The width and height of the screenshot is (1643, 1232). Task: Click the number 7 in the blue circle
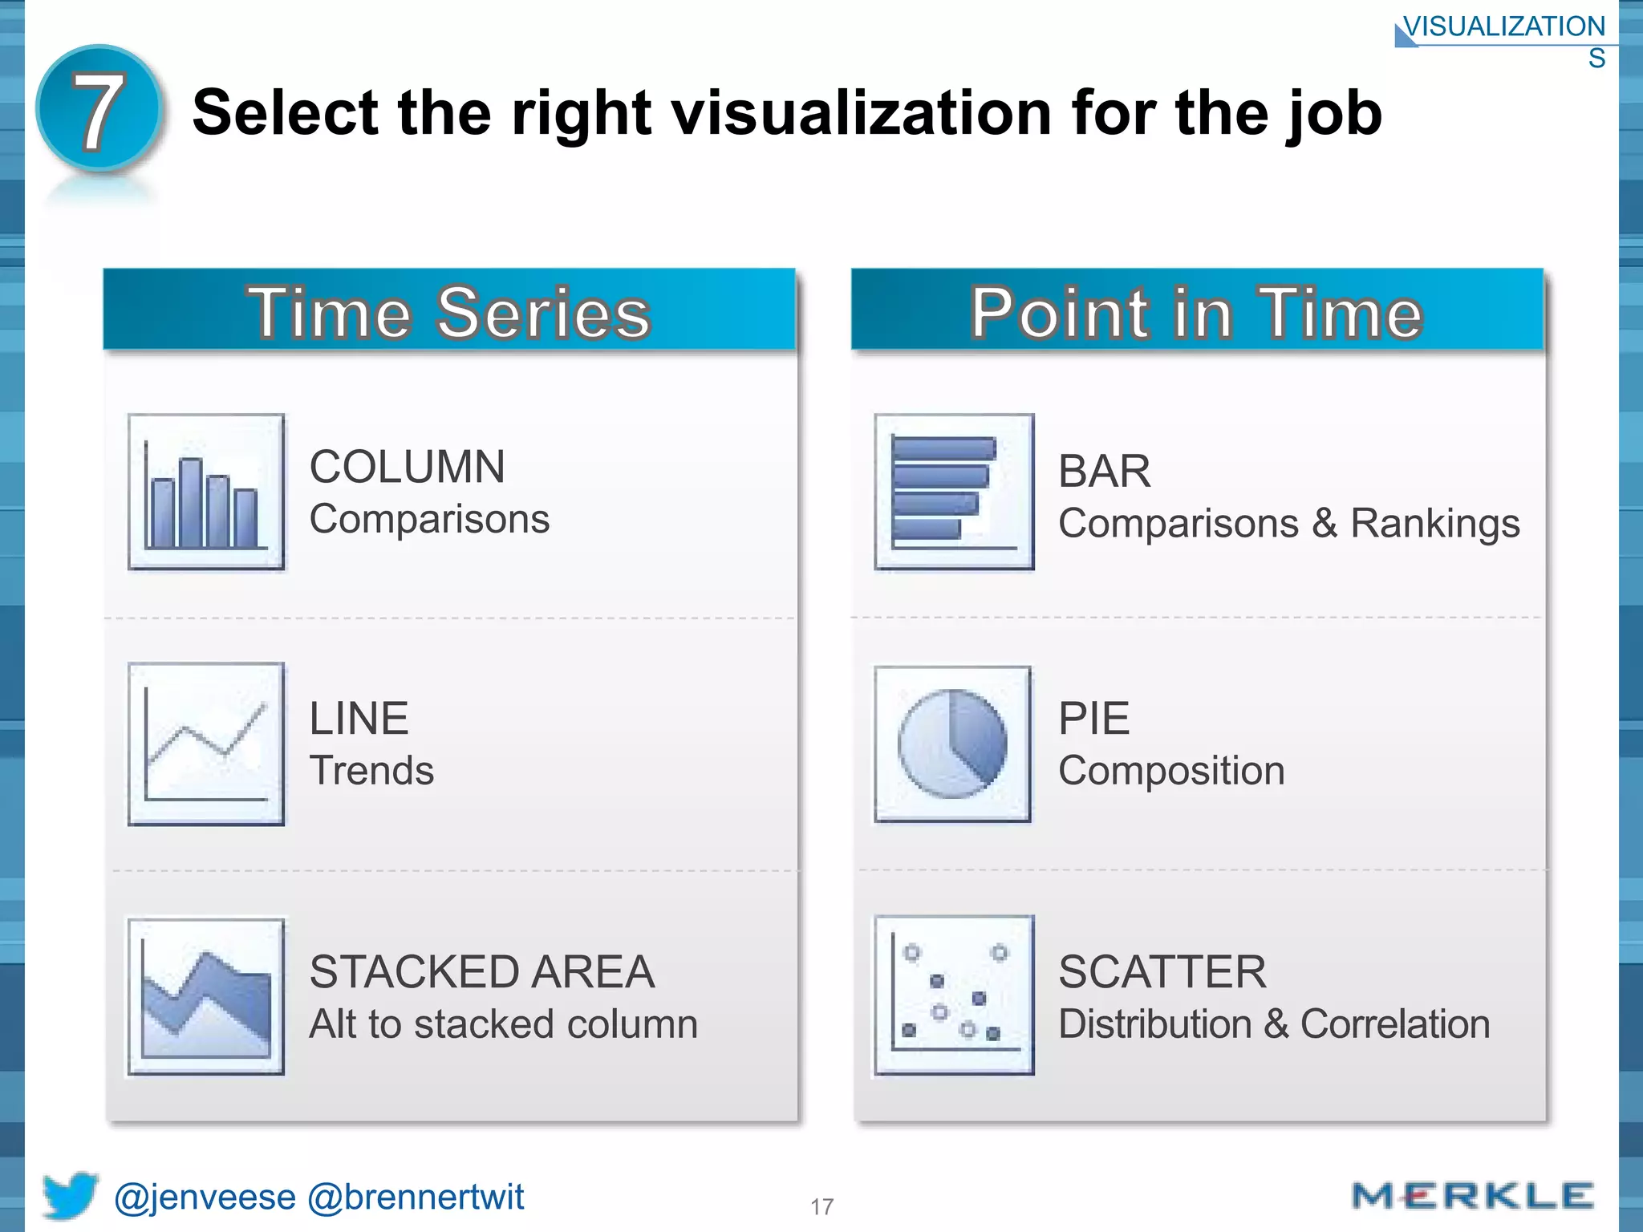tap(99, 110)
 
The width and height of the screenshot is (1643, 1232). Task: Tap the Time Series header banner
tap(449, 311)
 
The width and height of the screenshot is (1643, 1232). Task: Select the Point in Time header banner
tap(1196, 311)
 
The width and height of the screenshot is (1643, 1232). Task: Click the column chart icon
tap(206, 492)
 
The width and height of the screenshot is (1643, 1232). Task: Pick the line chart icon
tap(206, 744)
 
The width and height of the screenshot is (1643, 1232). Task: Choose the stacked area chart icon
tap(206, 996)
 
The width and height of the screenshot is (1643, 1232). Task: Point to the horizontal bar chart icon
tap(953, 492)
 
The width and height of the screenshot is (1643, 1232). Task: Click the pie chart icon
tap(953, 744)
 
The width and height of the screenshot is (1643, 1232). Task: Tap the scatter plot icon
tap(953, 995)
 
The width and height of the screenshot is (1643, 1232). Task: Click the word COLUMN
tap(408, 467)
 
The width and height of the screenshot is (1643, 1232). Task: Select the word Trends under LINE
tap(371, 771)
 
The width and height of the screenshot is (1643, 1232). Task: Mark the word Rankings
tap(1434, 524)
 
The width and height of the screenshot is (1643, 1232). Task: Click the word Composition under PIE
tap(1171, 771)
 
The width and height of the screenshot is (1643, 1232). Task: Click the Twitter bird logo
tap(70, 1195)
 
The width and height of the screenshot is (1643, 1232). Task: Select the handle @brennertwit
tap(416, 1198)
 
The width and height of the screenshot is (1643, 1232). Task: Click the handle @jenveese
tap(205, 1198)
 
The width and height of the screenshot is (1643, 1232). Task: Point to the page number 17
tap(821, 1206)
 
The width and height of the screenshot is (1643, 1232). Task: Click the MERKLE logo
tap(1472, 1196)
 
